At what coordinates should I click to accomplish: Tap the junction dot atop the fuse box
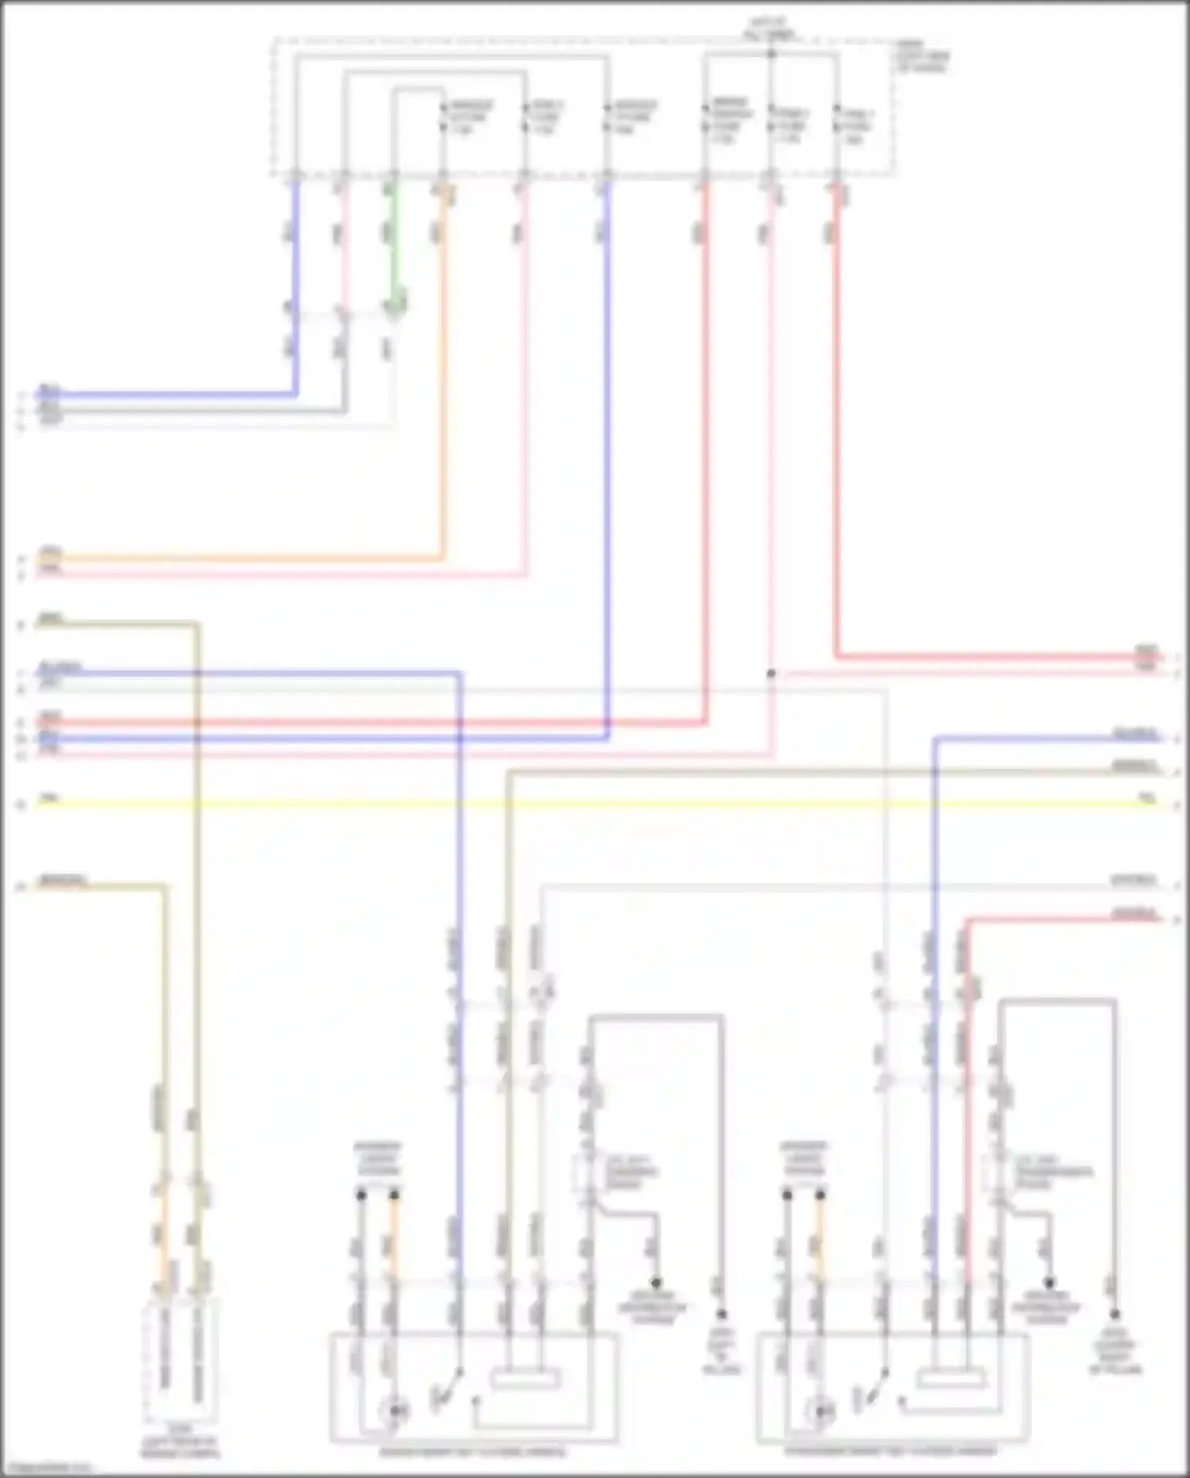(771, 54)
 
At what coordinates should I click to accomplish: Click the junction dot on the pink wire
(770, 673)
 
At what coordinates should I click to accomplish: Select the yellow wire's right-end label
(1146, 797)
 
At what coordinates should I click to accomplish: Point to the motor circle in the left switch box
(395, 1411)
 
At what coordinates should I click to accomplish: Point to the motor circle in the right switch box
(820, 1411)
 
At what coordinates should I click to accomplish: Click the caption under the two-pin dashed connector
(180, 1447)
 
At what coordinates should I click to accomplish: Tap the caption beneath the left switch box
(472, 1452)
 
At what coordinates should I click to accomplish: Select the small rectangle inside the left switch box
(525, 1380)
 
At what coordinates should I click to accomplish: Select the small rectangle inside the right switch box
(950, 1380)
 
